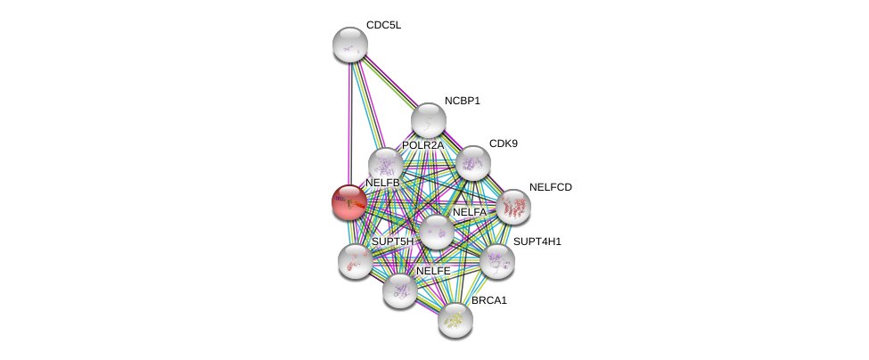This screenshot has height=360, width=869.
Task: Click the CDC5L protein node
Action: pyautogui.click(x=349, y=45)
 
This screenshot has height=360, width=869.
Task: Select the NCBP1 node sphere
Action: pyautogui.click(x=429, y=120)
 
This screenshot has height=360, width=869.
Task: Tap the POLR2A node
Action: pyautogui.click(x=386, y=165)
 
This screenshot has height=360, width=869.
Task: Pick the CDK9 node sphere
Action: pyautogui.click(x=472, y=163)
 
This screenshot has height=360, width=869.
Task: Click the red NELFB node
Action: pyautogui.click(x=349, y=202)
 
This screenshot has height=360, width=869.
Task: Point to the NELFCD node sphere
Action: pyautogui.click(x=513, y=207)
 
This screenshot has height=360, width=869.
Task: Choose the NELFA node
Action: pyautogui.click(x=436, y=232)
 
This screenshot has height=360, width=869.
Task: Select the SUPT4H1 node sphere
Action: pyautogui.click(x=497, y=261)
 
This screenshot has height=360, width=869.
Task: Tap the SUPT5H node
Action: pyautogui.click(x=356, y=261)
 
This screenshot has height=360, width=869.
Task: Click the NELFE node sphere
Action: pyautogui.click(x=399, y=290)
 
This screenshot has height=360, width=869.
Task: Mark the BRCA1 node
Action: pyautogui.click(x=455, y=320)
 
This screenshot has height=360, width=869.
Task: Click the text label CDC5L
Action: pyautogui.click(x=383, y=26)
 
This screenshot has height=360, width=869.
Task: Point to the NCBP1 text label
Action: pyautogui.click(x=463, y=101)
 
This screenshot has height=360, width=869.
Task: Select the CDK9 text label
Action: pyautogui.click(x=504, y=144)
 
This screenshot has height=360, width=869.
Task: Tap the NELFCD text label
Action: pyautogui.click(x=550, y=187)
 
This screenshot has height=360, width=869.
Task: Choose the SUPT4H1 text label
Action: pyautogui.click(x=537, y=241)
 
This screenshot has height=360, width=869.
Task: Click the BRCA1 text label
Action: pyautogui.click(x=488, y=300)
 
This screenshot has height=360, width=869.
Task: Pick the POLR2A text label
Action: pyautogui.click(x=422, y=145)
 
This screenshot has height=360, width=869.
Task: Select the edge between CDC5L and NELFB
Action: pyautogui.click(x=349, y=124)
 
